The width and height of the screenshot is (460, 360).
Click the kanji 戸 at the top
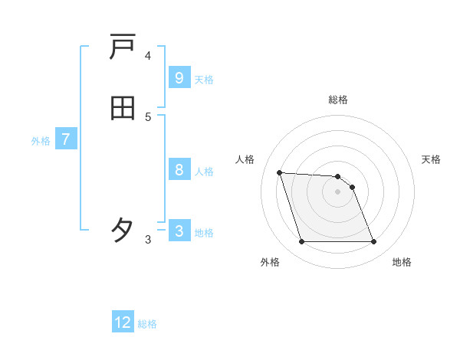(x=123, y=48)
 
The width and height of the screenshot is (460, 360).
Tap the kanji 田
(x=123, y=109)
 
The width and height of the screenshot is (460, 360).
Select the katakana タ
(x=123, y=230)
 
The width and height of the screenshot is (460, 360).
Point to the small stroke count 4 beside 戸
(x=148, y=56)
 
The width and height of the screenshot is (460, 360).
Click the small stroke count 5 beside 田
(x=148, y=117)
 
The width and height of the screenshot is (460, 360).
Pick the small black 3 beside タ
(x=148, y=240)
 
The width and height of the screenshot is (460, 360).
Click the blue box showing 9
(x=179, y=78)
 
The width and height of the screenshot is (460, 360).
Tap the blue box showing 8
(x=179, y=170)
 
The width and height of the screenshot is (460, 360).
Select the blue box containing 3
(x=179, y=231)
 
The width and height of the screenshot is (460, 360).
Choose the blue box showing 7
(x=66, y=139)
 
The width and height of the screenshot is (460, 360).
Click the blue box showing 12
(x=123, y=322)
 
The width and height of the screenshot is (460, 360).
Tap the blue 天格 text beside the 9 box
(x=204, y=80)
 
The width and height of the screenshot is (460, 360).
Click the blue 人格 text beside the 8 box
(x=204, y=172)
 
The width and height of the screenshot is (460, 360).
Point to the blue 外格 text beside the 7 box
(x=41, y=141)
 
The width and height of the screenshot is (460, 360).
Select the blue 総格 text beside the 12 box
(x=147, y=324)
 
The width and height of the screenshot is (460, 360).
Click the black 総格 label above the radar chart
(x=338, y=100)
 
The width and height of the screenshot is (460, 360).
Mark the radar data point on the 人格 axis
(x=279, y=172)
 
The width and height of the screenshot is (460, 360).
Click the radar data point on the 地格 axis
(x=373, y=242)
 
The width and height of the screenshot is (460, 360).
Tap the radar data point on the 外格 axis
(x=301, y=242)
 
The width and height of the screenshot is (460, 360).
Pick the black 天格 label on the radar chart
(x=432, y=159)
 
